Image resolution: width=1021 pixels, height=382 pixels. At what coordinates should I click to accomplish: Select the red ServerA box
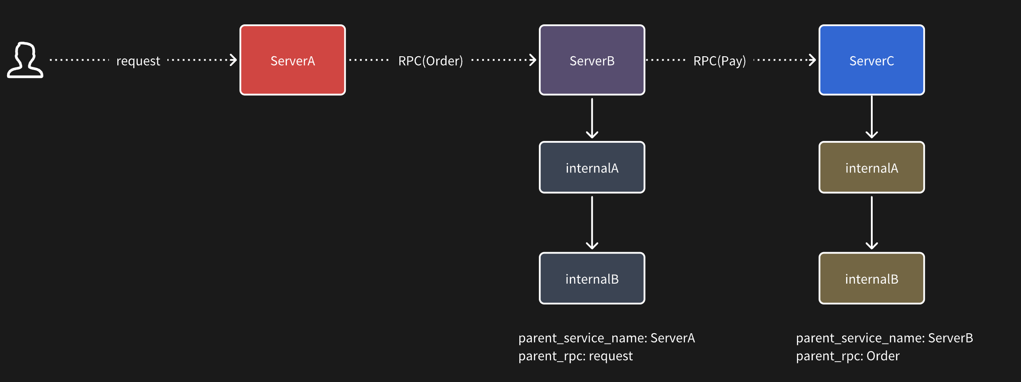292,60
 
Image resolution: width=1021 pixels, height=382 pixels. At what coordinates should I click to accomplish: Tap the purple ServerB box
592,60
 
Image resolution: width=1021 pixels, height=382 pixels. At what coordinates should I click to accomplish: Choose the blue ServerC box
872,60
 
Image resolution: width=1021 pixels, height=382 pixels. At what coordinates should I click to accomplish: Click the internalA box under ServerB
592,168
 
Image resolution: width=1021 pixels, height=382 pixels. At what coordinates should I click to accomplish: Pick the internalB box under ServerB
592,278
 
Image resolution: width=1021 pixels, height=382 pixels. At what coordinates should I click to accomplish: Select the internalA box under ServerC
872,168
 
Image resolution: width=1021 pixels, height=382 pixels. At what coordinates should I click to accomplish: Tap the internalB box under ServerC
872,278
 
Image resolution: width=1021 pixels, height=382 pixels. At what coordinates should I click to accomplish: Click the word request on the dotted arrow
138,61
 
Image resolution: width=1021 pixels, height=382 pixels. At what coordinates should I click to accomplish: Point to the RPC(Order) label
430,61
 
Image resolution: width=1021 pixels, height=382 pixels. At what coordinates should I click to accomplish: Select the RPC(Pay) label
719,61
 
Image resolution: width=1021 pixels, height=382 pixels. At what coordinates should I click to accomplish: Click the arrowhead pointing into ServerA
233,60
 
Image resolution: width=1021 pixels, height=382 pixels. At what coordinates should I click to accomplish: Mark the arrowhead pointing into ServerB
533,60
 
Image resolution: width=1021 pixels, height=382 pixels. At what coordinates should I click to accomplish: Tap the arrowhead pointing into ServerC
812,60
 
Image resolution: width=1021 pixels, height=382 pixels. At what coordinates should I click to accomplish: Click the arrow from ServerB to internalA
592,118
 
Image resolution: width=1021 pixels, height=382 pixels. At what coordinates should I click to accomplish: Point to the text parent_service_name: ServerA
607,338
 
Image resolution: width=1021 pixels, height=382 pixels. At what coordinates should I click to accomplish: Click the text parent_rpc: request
576,356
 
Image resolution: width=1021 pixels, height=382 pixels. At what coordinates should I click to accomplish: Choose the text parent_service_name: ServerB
885,338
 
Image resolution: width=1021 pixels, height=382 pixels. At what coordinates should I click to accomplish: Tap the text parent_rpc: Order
848,356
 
